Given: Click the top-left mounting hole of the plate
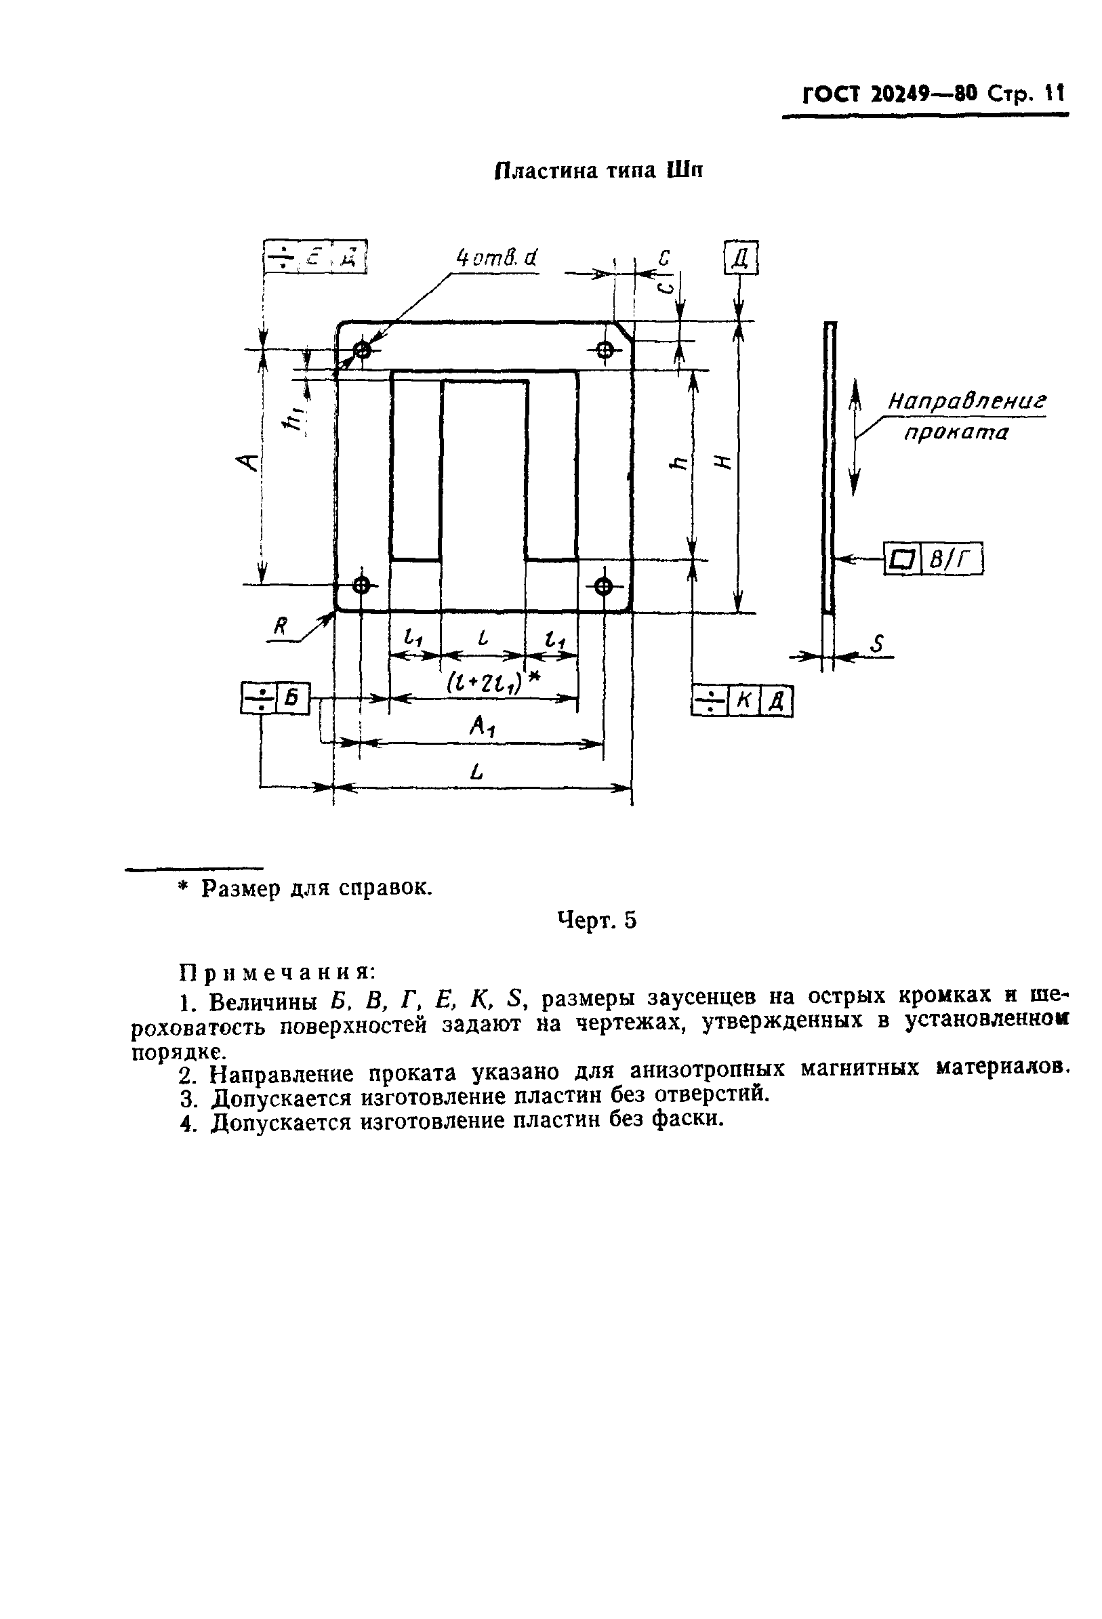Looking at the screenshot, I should point(362,350).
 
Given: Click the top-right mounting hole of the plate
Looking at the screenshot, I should point(605,350).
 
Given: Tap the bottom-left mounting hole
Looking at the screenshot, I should point(361,585).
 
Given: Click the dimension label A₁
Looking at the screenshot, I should point(481,726).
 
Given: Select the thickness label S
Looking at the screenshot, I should point(877,644).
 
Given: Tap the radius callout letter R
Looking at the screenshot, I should point(281,627).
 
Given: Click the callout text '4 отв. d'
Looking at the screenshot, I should point(497,258).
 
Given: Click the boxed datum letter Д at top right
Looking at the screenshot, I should point(741,259).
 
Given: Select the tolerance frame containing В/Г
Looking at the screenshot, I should point(933,558).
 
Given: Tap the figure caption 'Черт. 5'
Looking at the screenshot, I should point(597,920).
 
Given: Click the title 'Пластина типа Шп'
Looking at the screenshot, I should point(598,171).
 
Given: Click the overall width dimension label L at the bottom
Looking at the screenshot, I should point(476,772).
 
